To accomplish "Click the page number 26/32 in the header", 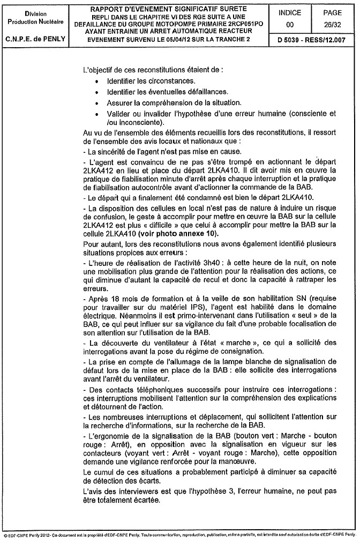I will [335, 25].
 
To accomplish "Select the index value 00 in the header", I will [290, 25].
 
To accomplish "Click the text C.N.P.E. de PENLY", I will [35, 40].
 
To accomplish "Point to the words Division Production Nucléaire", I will [35, 18].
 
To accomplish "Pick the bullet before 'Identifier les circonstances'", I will [96, 81].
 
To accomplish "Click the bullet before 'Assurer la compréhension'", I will [96, 102].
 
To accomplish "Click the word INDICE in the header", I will [290, 13].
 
